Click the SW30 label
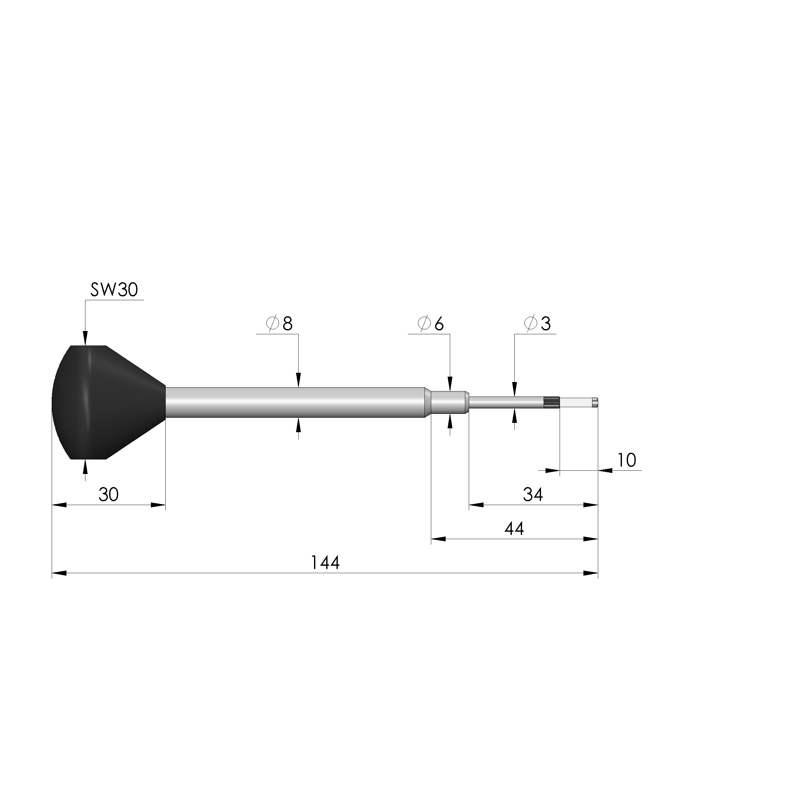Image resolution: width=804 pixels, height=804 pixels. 114,290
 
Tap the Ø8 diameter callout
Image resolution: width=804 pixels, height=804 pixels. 279,323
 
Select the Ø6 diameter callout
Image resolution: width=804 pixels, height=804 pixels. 431,323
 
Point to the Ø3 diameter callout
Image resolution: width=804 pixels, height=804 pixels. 538,323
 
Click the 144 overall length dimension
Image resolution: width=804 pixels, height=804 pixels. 326,563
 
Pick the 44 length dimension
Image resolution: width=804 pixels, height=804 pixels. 514,529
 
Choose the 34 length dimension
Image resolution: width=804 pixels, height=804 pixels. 533,494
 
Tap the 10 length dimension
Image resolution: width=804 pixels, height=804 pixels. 627,460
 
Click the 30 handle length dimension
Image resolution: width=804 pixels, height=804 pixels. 109,494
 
